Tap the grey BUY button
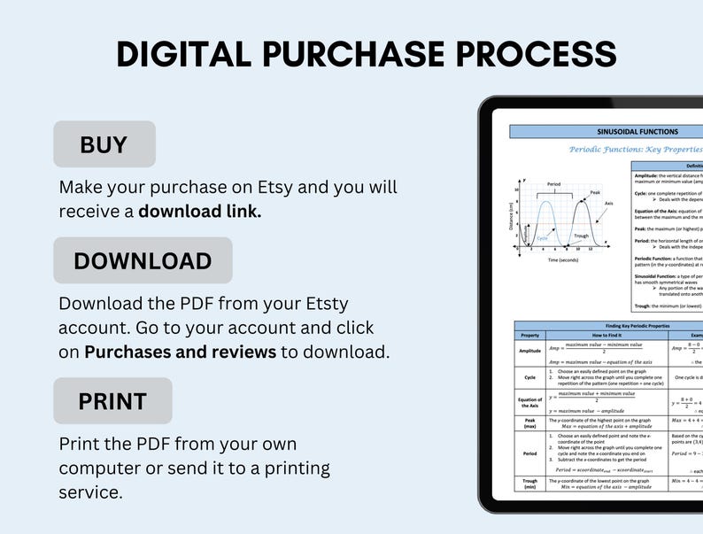point(104,144)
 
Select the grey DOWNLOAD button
point(143,261)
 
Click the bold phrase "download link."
point(199,212)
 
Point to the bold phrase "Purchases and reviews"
point(181,352)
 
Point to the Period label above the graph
point(553,184)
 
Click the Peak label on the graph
point(595,193)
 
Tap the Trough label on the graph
point(581,236)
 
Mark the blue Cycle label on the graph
point(542,238)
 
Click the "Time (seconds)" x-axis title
point(564,260)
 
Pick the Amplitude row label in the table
point(529,351)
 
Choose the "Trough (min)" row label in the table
point(529,484)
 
